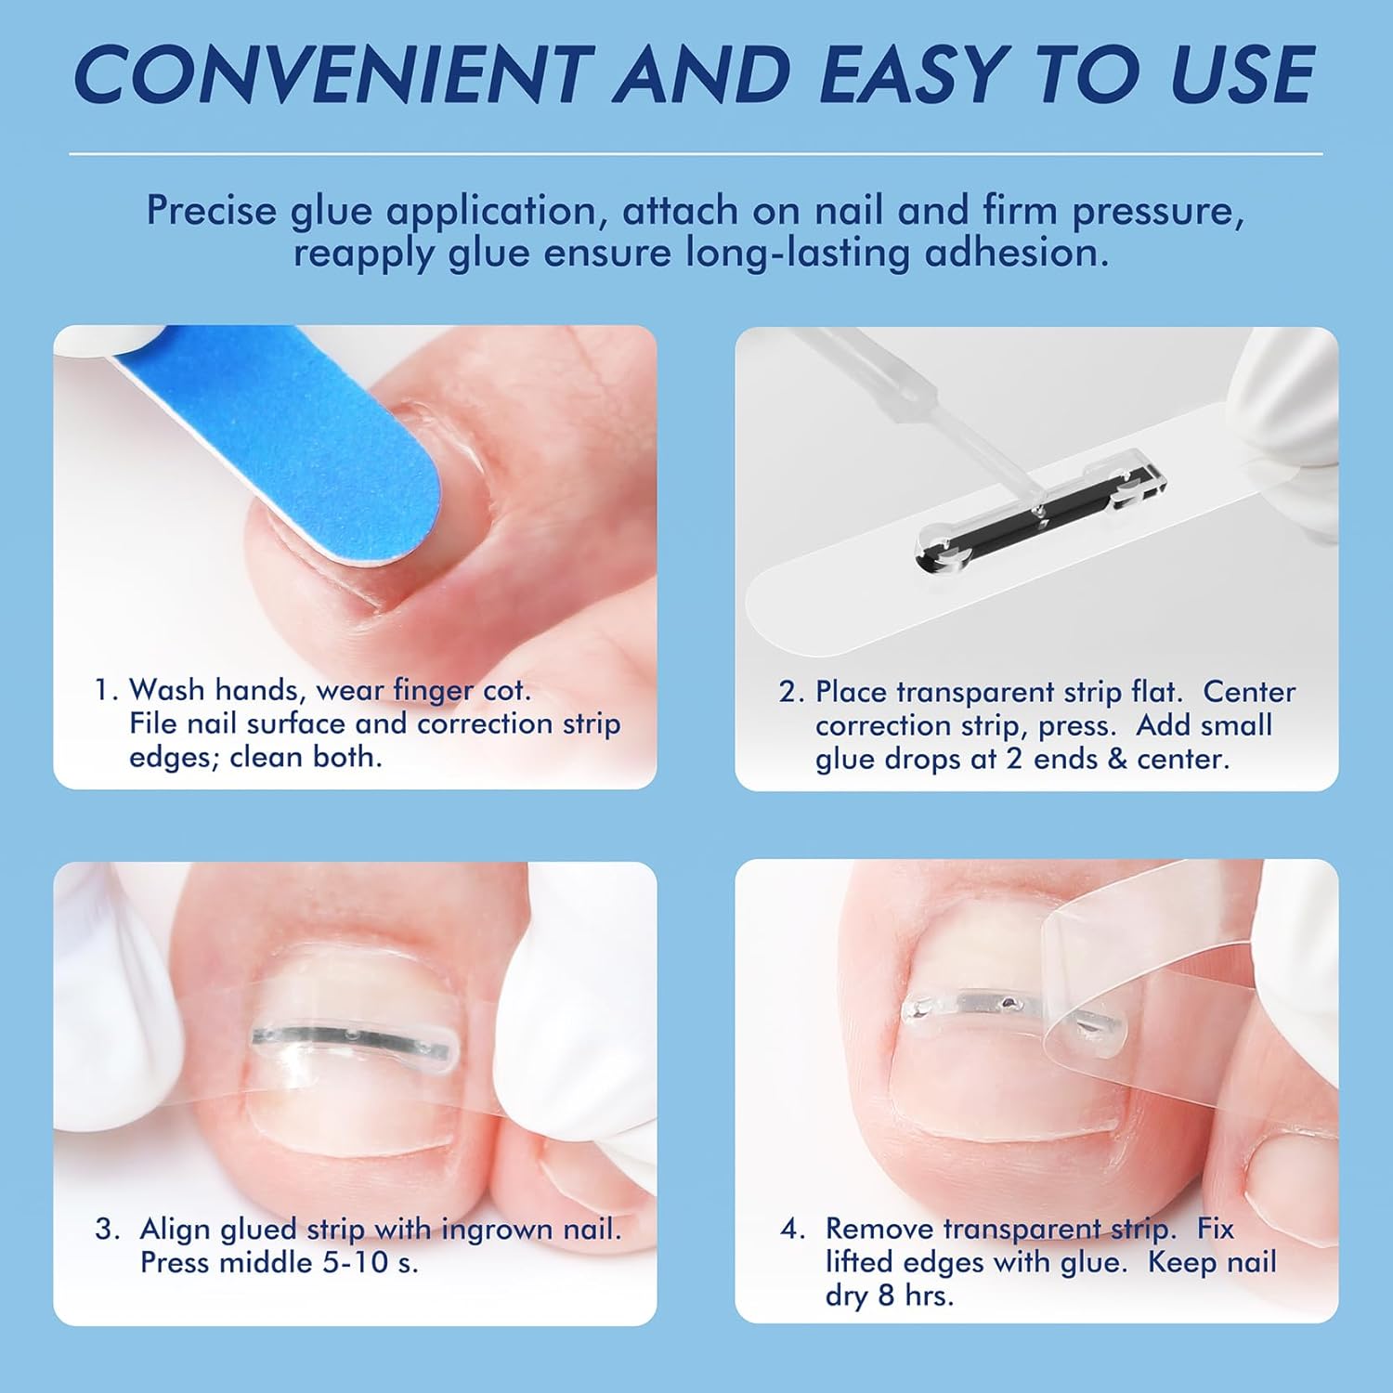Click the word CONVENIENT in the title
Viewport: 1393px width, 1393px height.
333,74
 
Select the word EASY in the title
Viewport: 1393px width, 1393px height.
914,74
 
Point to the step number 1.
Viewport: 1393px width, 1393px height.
105,690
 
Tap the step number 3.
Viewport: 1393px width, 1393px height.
106,1229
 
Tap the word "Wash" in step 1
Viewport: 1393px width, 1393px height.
167,690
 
